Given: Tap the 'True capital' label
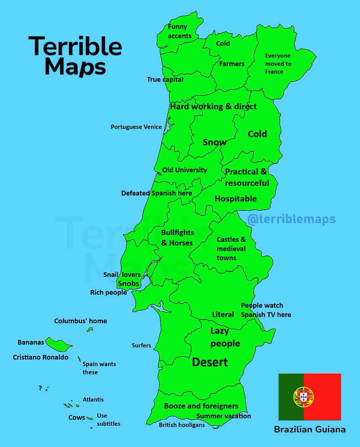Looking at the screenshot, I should tap(165, 79).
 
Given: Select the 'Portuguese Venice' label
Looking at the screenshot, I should tap(136, 127).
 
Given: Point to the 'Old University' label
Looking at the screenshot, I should tap(184, 170).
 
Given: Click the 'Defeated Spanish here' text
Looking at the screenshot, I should tap(157, 193).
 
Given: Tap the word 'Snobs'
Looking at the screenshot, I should tap(129, 283).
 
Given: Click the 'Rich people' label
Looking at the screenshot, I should tap(108, 293).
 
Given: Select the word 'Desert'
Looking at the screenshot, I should tap(210, 362).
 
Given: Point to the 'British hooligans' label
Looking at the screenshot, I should tap(182, 425).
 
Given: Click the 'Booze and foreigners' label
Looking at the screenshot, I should tap(201, 406).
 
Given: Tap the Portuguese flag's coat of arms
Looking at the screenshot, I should tap(303, 396).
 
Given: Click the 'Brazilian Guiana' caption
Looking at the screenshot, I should tap(310, 429).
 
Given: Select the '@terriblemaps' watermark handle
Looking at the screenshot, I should tap(291, 219).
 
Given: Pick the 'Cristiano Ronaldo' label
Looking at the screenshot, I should tap(41, 357).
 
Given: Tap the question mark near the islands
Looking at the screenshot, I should tap(40, 388).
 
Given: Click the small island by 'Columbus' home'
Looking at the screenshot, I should tap(90, 329).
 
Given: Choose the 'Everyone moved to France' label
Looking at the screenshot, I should tap(278, 64).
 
